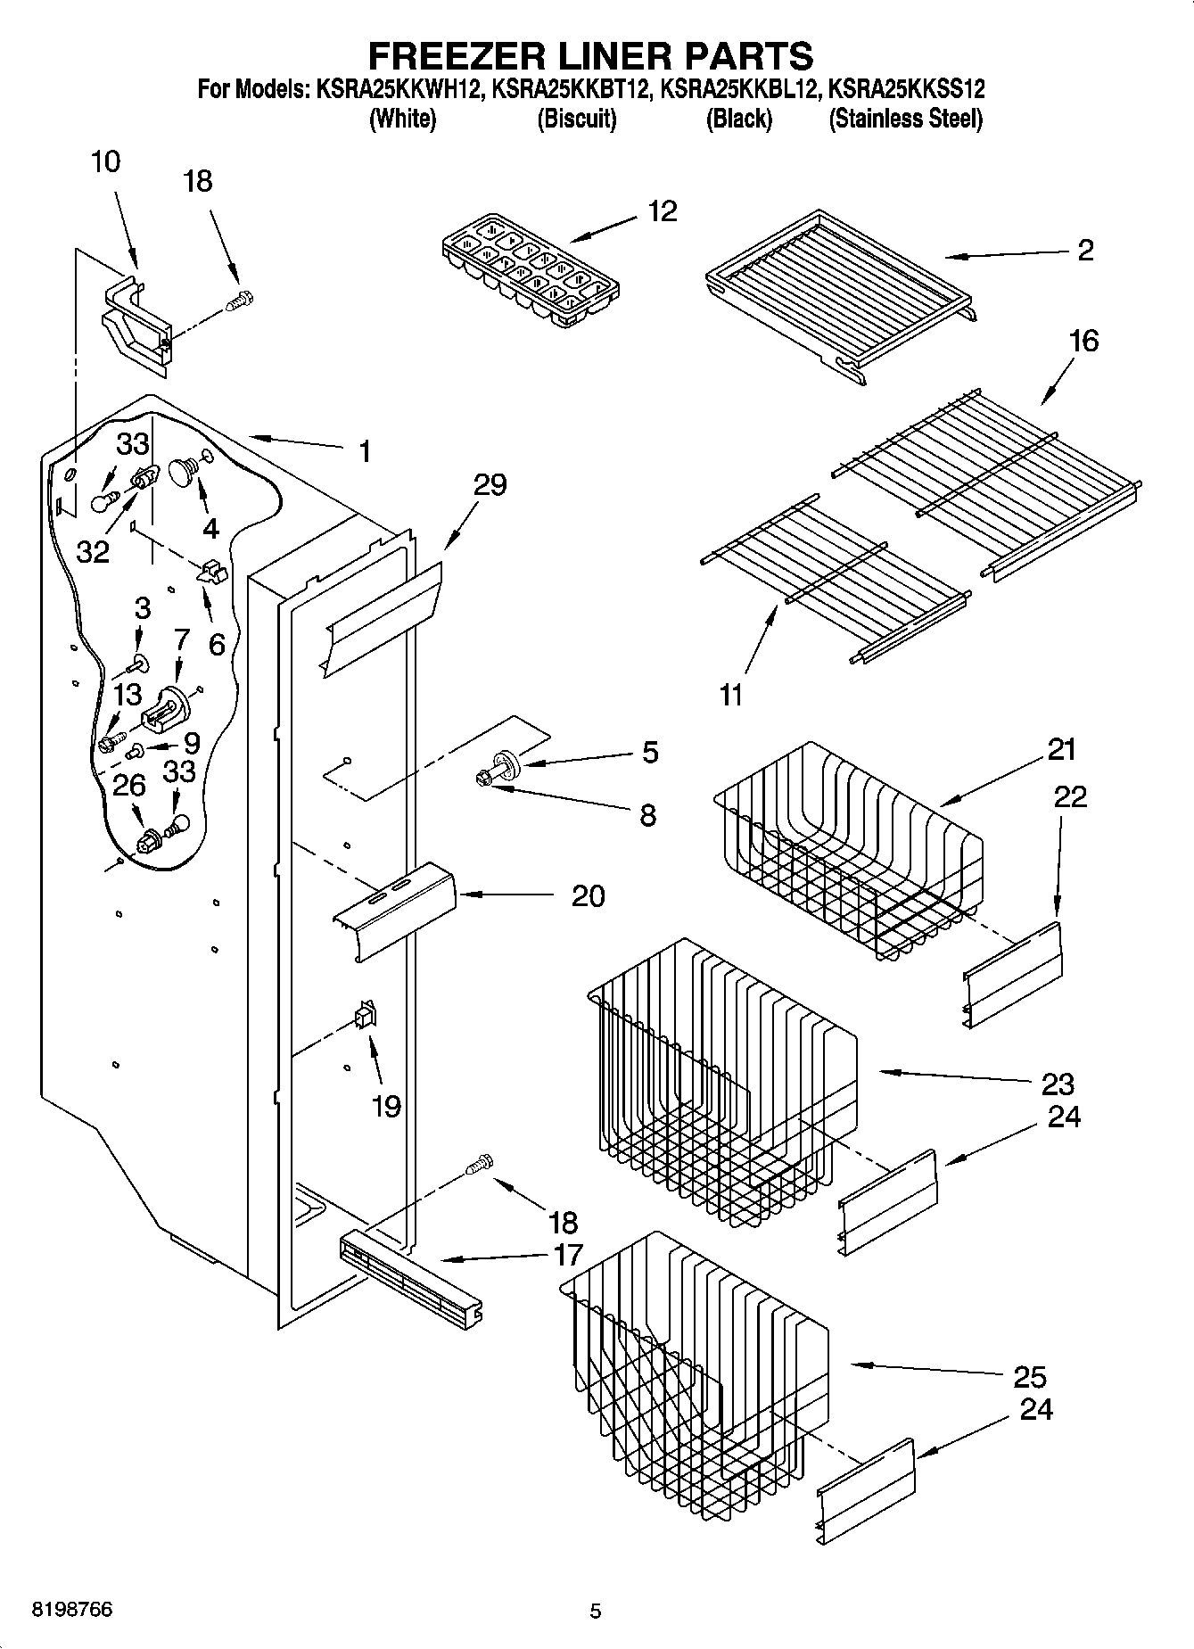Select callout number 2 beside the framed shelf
click(x=1084, y=251)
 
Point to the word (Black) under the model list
click(x=738, y=119)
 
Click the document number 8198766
click(x=72, y=1610)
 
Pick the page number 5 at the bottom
click(x=596, y=1611)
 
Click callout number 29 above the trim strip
click(x=490, y=485)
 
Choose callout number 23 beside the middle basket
click(x=1058, y=1084)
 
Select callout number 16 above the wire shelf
click(x=1083, y=341)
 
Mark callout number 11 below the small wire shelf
click(x=730, y=695)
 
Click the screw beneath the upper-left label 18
click(x=239, y=301)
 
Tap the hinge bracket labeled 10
click(x=136, y=324)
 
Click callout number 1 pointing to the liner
click(x=364, y=451)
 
